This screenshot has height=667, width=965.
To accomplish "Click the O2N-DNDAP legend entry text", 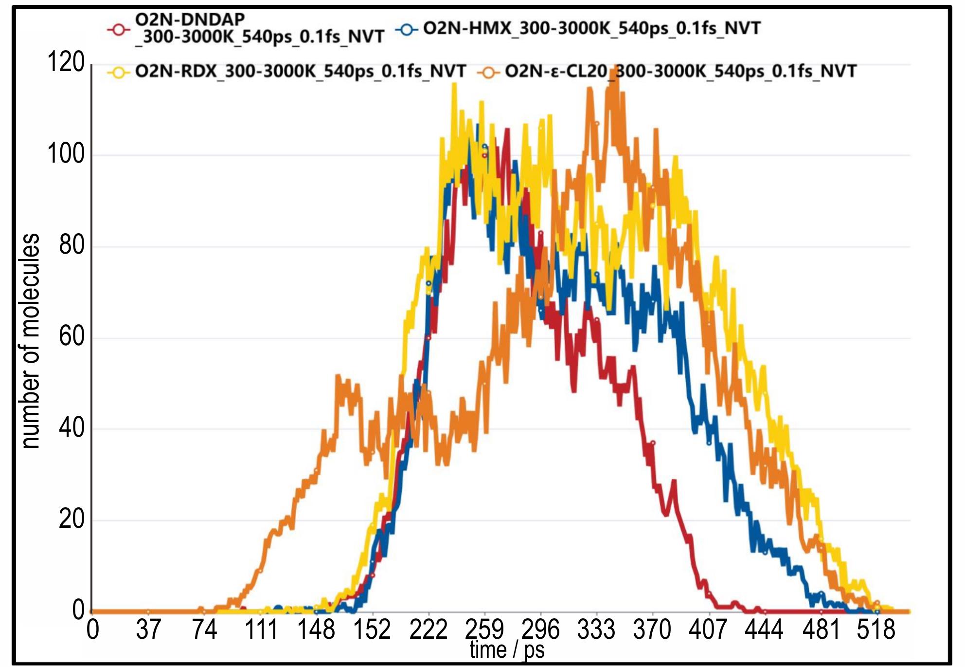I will (259, 28).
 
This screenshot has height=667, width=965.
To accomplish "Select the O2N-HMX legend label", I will (591, 28).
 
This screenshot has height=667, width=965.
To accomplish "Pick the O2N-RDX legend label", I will (300, 72).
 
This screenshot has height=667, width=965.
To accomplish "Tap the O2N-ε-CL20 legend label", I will (680, 72).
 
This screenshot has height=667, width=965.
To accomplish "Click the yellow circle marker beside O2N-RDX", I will (119, 73).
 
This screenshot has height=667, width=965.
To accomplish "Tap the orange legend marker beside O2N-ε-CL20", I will (489, 73).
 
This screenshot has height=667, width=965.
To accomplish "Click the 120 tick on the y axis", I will (66, 63).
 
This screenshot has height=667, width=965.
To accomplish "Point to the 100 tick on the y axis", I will (66, 154).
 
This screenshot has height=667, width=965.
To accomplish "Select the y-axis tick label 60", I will (71, 337).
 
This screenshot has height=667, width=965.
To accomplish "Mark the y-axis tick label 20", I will (71, 519).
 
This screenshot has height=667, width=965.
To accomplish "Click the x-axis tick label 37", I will (148, 630).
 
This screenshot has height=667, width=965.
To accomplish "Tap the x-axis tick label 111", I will (261, 630).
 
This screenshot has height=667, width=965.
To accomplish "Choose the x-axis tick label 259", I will (484, 630).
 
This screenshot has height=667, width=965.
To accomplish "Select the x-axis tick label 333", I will (596, 630).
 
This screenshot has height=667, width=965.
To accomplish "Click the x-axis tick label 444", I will (764, 630).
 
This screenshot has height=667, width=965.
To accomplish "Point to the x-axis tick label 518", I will (876, 630).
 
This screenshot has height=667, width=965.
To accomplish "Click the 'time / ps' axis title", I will (507, 650).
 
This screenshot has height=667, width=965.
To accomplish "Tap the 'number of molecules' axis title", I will (31, 341).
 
